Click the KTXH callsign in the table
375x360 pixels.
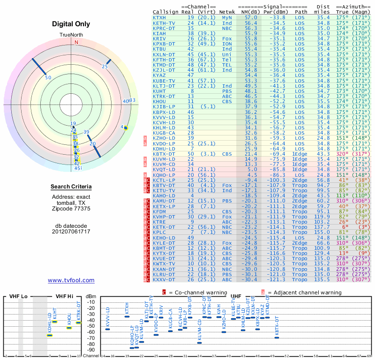click(x=159, y=18)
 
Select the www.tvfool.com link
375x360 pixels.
click(x=71, y=280)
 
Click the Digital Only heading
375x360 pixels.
click(x=71, y=24)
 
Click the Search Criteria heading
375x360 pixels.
click(x=71, y=187)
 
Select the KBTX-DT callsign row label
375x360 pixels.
click(x=164, y=153)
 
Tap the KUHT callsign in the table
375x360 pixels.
click(x=159, y=91)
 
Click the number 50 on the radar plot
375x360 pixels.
click(x=48, y=77)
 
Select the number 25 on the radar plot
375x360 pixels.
click(x=105, y=67)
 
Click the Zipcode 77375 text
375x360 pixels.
click(x=71, y=209)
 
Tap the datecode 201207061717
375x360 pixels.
click(x=71, y=232)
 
